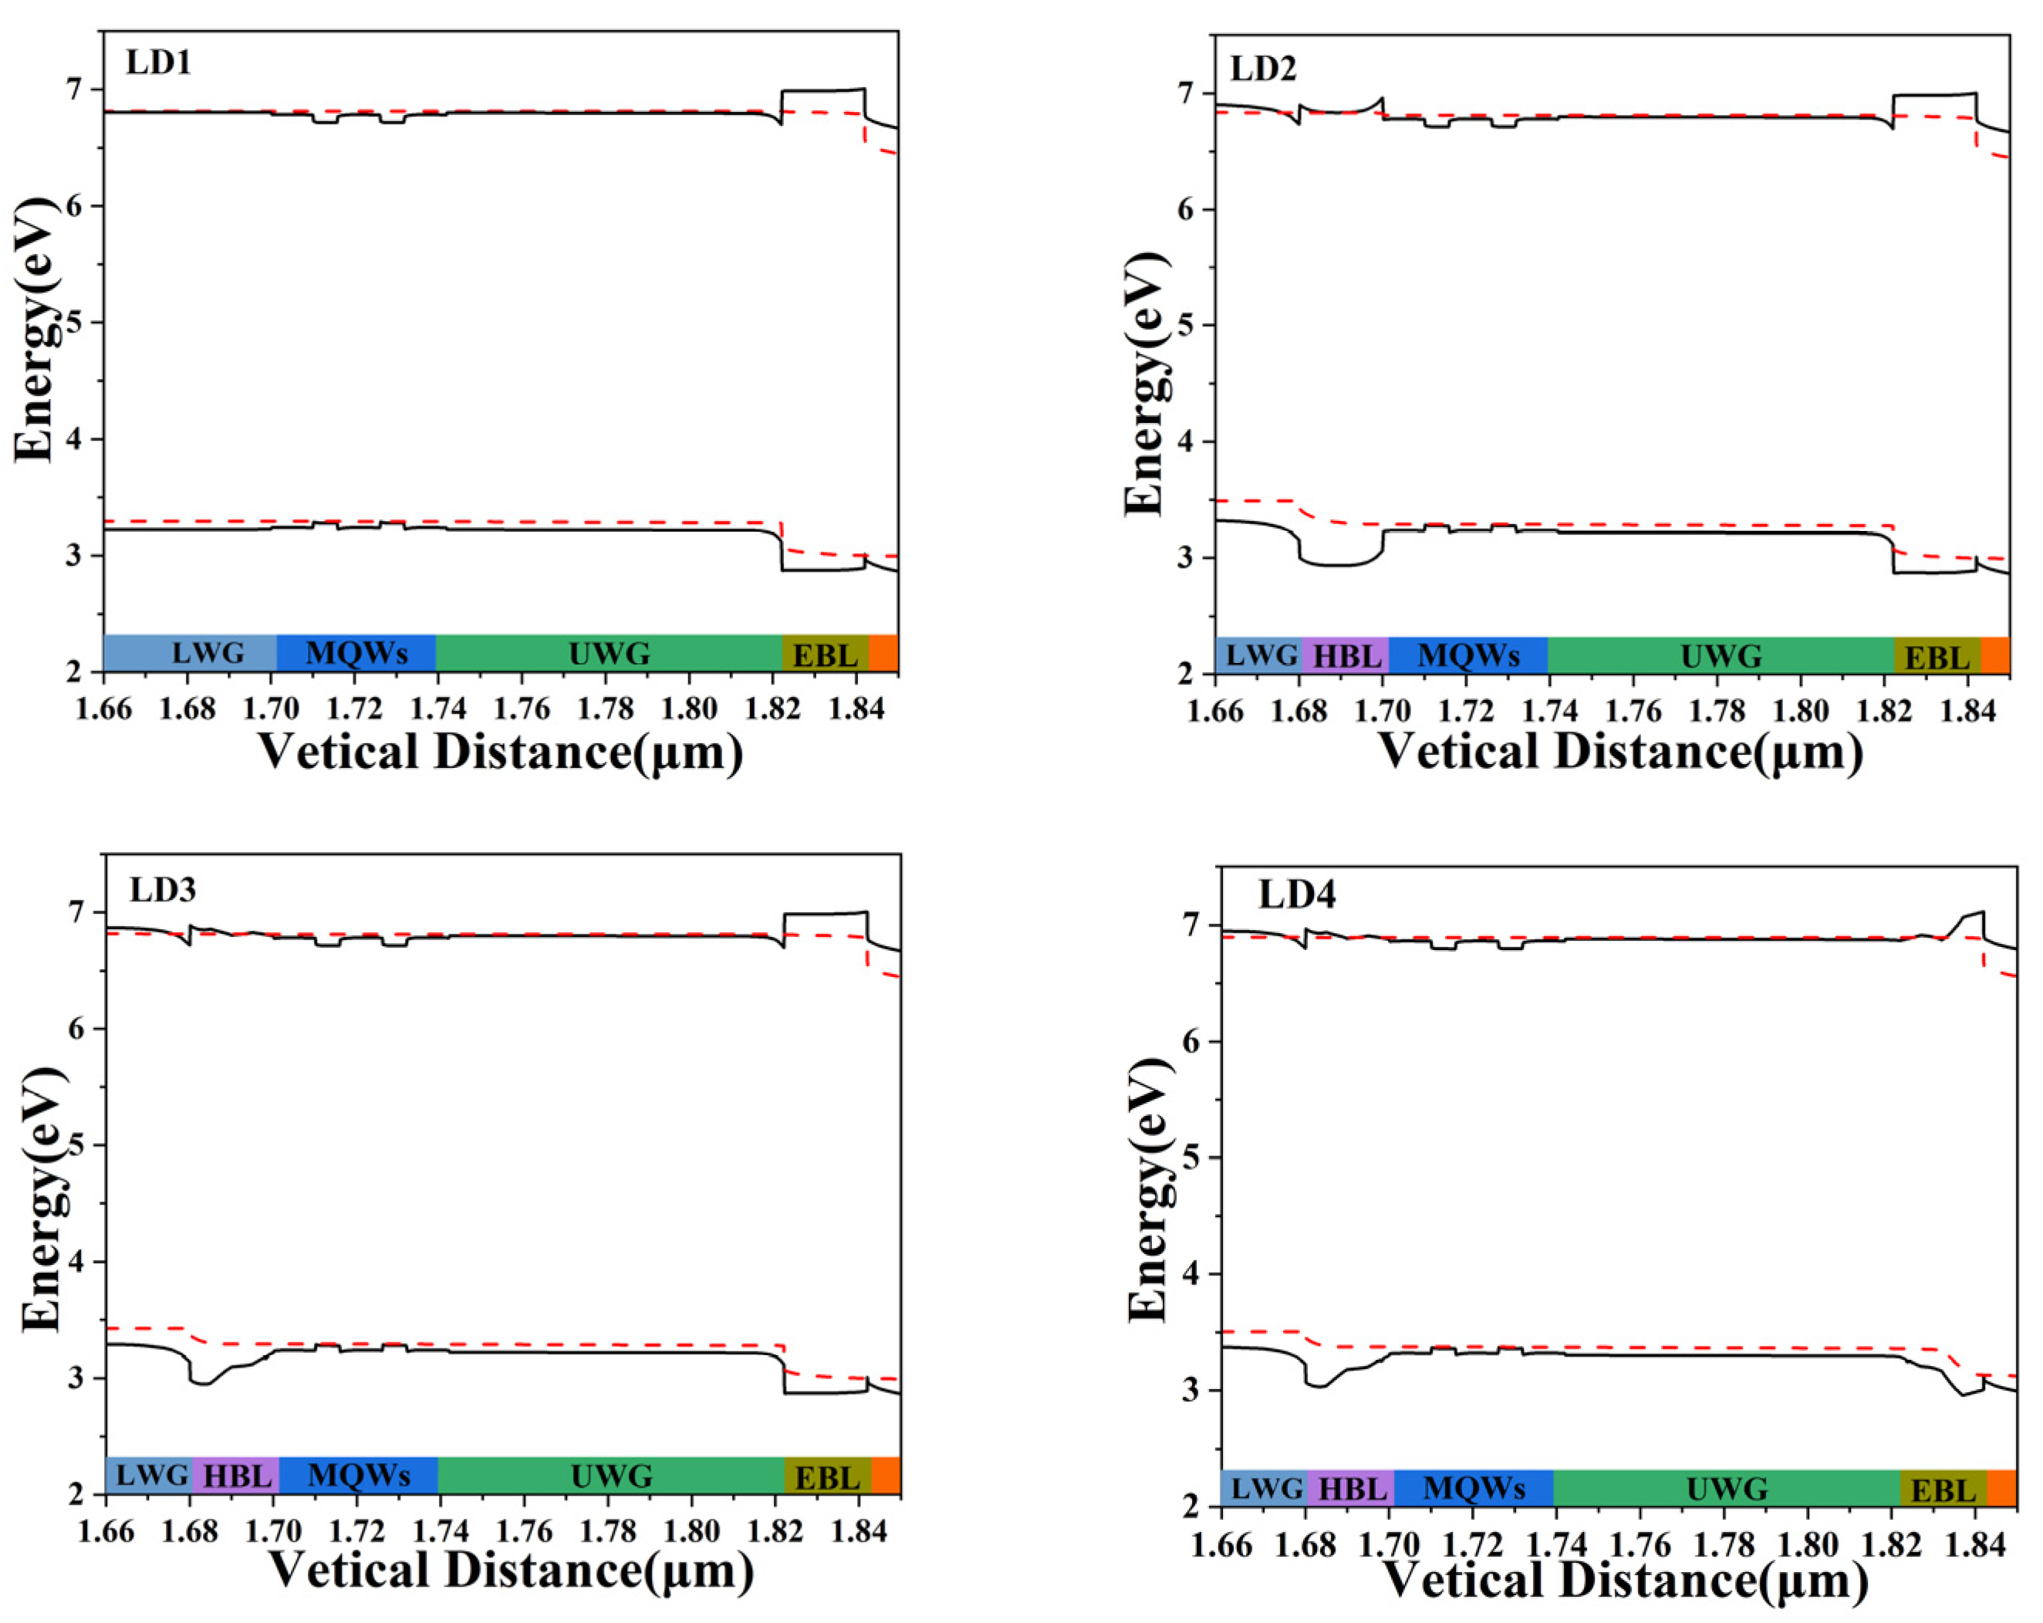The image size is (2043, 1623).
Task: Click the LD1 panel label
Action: pyautogui.click(x=158, y=63)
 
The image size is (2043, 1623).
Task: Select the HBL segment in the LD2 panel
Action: pyautogui.click(x=1345, y=656)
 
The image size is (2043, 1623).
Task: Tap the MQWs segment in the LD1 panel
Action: pyautogui.click(x=356, y=653)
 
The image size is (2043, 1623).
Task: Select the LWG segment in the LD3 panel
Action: pyautogui.click(x=150, y=1475)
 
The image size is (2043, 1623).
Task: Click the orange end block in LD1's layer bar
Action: pyautogui.click(x=883, y=652)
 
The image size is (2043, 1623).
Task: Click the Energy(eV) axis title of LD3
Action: pyautogui.click(x=43, y=1199)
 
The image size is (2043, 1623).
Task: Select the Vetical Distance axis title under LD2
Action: pyautogui.click(x=1619, y=752)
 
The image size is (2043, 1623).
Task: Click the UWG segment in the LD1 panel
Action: pyautogui.click(x=610, y=653)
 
